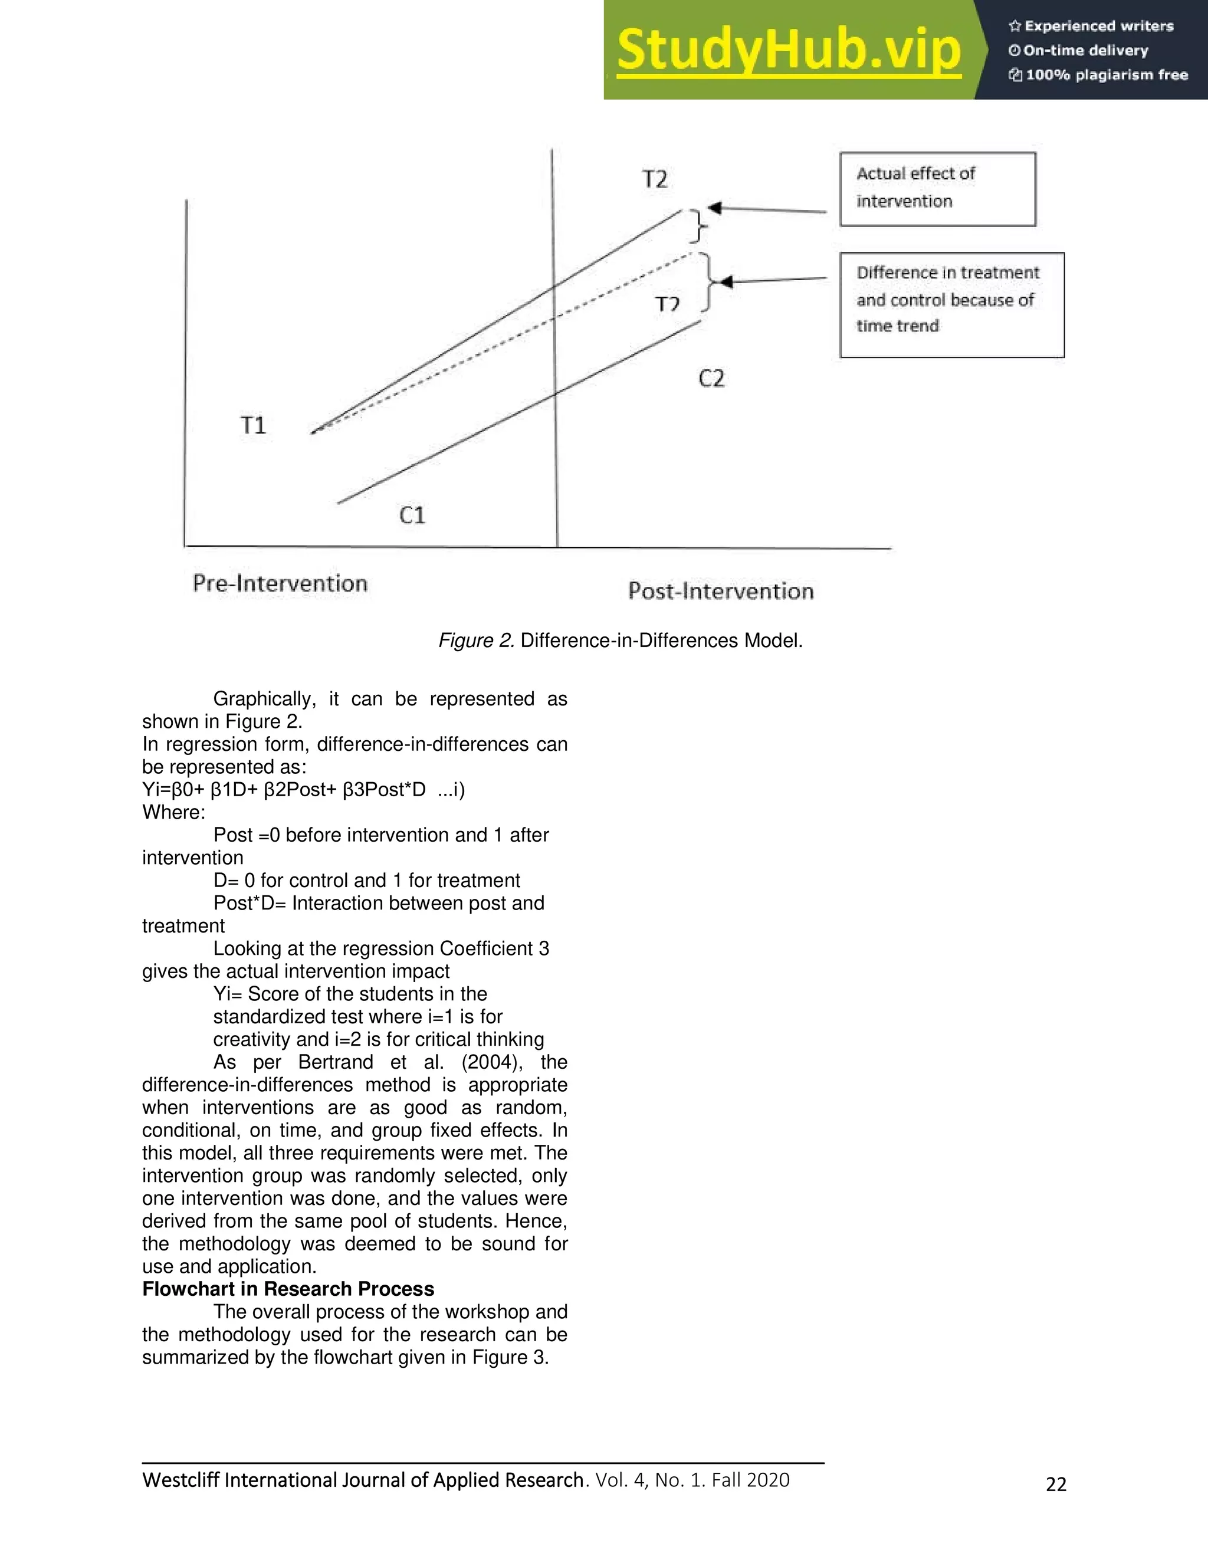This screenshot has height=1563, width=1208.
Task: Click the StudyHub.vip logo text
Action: coord(788,50)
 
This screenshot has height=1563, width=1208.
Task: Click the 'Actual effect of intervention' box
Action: coord(937,189)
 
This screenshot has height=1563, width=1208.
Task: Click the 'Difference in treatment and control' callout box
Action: coord(952,304)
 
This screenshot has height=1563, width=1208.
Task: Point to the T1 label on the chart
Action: coord(253,425)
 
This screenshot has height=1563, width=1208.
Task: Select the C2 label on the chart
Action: coord(711,378)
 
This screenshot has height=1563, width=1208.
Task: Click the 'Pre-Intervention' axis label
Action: coord(280,583)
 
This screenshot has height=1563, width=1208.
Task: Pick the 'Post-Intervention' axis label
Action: coord(721,591)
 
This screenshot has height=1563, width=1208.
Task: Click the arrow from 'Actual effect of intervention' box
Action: coord(769,210)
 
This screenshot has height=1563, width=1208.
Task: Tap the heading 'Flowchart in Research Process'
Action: coord(288,1289)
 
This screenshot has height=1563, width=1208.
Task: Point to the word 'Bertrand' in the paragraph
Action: coord(336,1062)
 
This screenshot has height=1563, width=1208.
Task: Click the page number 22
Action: coord(1056,1485)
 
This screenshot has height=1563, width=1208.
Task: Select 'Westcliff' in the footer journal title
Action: coord(181,1480)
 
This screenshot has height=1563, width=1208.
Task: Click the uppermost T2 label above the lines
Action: coord(655,178)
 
